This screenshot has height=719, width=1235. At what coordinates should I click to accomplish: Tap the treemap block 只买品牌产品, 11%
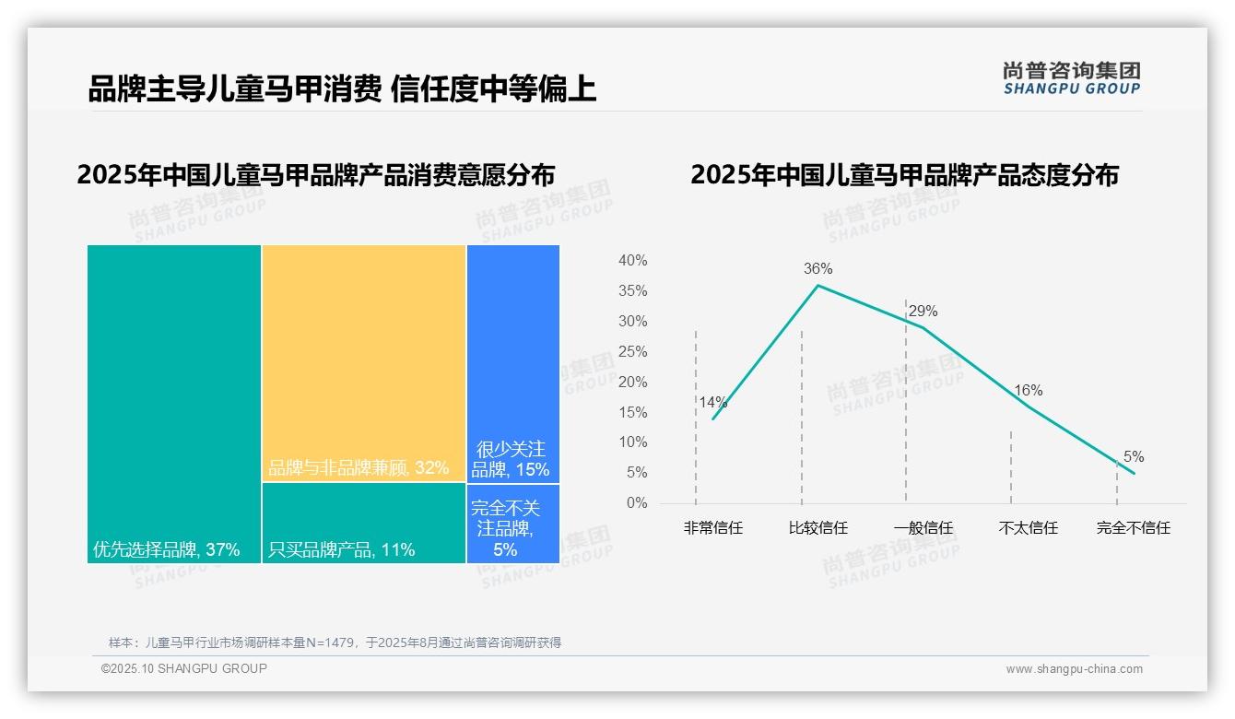[364, 523]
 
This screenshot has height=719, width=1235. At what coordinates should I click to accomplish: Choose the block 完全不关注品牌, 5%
[513, 524]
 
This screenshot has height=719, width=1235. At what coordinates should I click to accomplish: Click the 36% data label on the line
[817, 269]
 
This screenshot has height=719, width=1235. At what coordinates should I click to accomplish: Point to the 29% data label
[923, 312]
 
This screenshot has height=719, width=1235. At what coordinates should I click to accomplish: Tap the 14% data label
[712, 402]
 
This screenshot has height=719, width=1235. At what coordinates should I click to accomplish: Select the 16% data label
[1028, 391]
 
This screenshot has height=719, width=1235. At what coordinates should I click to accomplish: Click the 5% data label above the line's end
[1133, 457]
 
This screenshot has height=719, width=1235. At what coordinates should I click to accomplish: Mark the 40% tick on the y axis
[632, 261]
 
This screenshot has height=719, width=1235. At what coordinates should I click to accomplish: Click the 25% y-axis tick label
[632, 351]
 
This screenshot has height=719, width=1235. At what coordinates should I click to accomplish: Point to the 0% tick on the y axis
[637, 503]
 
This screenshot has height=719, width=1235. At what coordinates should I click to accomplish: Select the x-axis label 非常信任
[712, 528]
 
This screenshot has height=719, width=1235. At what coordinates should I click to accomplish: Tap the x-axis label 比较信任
[817, 528]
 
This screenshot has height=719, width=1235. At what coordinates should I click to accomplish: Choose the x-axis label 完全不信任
[1133, 528]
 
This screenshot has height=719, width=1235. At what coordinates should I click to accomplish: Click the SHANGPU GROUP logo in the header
[1071, 77]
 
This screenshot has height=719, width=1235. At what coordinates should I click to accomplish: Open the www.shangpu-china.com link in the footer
[1074, 669]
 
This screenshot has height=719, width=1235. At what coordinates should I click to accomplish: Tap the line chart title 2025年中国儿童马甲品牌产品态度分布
[904, 175]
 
